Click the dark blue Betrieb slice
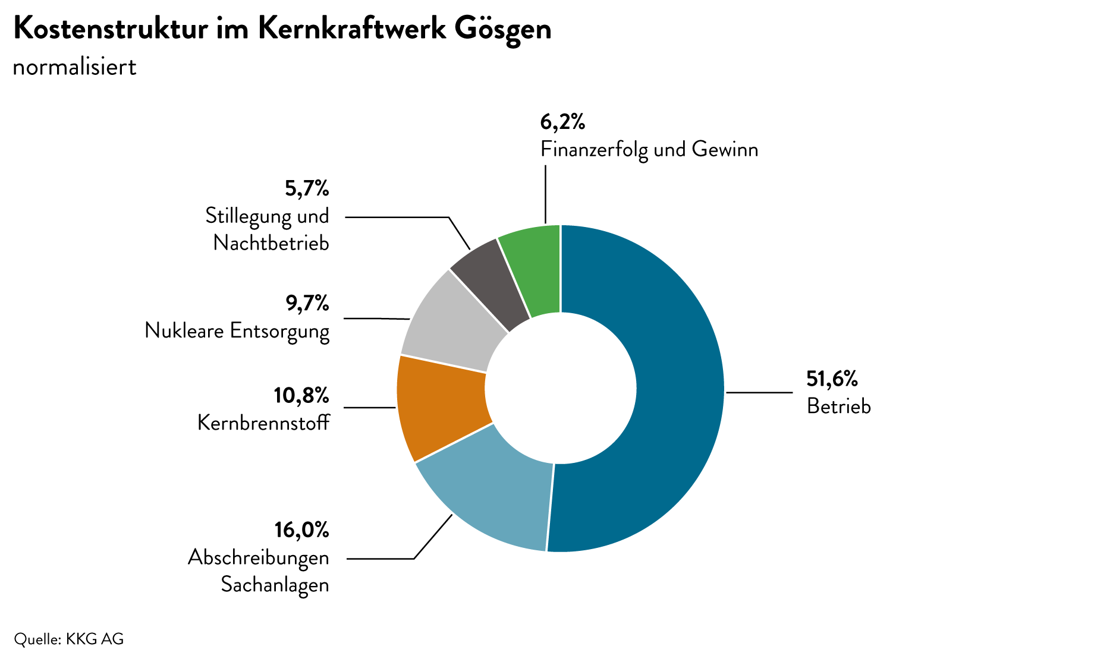(678, 386)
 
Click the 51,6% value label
(832, 379)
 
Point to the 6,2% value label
(562, 122)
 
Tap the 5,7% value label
(306, 188)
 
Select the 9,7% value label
(307, 303)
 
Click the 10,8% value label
(301, 395)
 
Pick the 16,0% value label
(301, 529)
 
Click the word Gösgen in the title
(503, 29)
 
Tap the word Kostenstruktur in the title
(111, 29)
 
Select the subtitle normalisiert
(74, 67)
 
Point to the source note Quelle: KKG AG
(69, 639)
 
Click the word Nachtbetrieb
(271, 242)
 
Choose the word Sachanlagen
(275, 584)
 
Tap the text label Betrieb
(838, 406)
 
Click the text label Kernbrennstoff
(263, 423)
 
